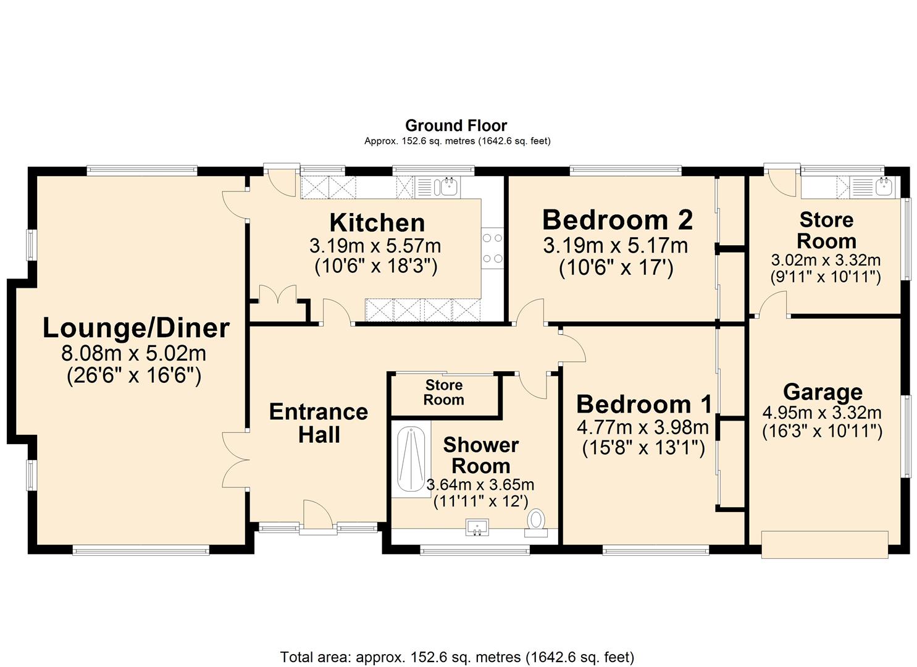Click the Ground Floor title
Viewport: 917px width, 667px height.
(x=456, y=126)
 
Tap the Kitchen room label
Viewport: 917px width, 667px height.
(x=377, y=222)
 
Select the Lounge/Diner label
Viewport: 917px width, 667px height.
(x=136, y=328)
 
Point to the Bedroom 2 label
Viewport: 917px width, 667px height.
(x=617, y=220)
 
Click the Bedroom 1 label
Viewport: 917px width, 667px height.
(x=644, y=405)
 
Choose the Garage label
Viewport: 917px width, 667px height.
(x=823, y=392)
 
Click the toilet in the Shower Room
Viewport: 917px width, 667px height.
(x=537, y=521)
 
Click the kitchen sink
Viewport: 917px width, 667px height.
(x=446, y=187)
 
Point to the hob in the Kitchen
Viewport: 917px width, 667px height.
(x=492, y=248)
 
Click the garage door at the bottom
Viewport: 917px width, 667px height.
(x=824, y=544)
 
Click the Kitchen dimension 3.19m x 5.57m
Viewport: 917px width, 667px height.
(x=375, y=246)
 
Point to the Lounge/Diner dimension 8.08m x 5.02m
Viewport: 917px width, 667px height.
(x=133, y=354)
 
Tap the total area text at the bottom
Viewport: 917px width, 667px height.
(x=457, y=657)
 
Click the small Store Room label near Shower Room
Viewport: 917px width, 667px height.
(x=443, y=393)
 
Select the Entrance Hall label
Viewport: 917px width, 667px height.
(x=319, y=423)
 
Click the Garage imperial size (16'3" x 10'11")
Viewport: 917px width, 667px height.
(x=822, y=430)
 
